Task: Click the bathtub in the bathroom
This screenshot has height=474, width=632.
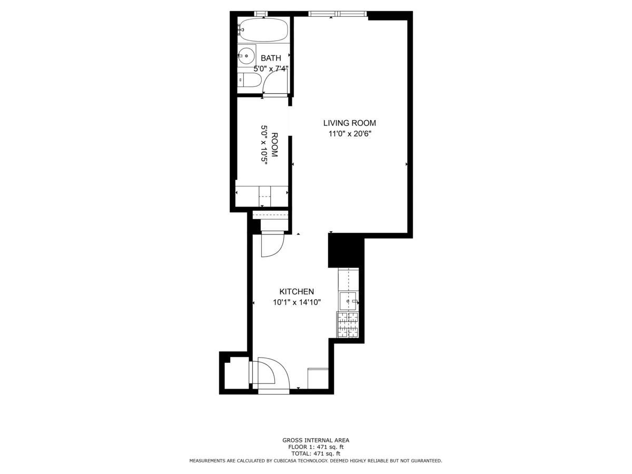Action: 263,30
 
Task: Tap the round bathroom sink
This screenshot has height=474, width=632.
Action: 246,55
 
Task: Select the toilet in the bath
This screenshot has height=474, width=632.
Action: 250,80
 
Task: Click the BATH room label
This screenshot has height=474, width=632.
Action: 271,58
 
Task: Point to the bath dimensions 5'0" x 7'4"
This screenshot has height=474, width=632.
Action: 271,68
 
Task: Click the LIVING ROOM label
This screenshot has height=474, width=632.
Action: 350,123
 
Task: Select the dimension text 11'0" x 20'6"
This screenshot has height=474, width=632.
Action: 350,134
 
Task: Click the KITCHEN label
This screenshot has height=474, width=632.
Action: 297,291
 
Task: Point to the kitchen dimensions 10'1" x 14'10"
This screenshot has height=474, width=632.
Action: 297,302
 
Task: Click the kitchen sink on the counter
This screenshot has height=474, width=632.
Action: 348,301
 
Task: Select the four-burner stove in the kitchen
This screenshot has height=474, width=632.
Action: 348,324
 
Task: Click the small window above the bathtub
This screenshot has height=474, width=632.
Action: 260,14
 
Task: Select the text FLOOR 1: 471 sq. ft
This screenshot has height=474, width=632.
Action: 315,447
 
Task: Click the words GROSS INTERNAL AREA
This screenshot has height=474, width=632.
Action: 315,440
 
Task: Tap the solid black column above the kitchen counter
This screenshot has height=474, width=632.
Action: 345,251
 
